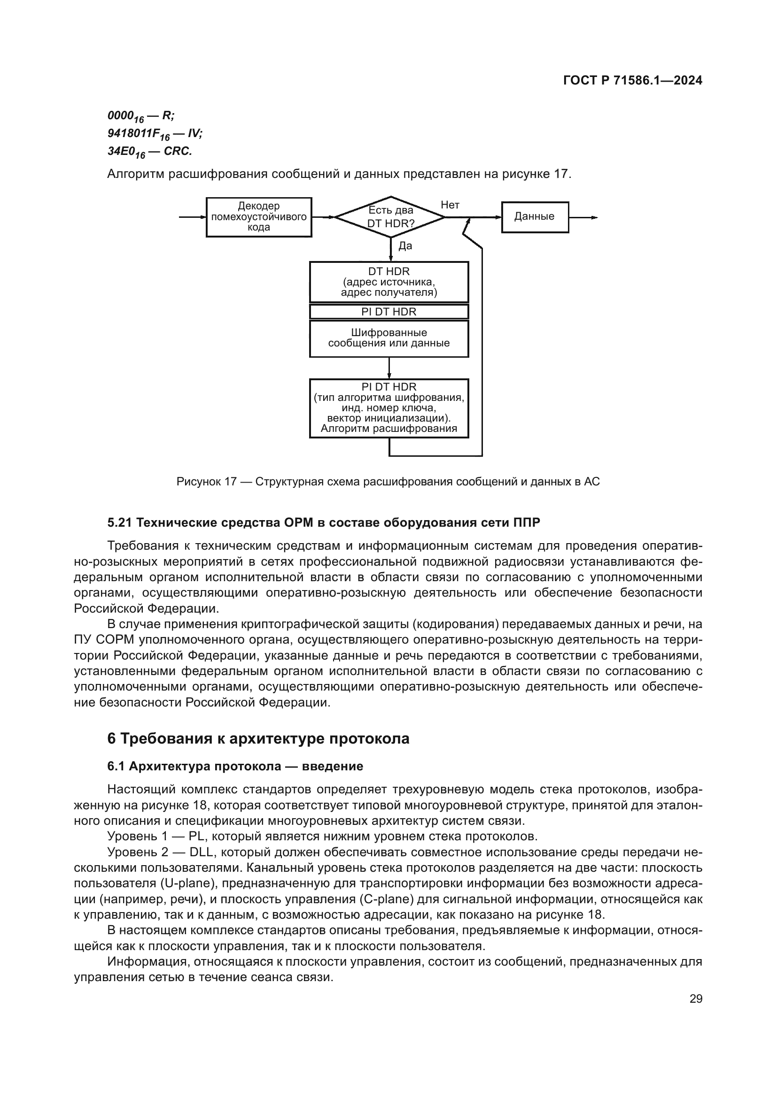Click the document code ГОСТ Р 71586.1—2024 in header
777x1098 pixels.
click(632, 80)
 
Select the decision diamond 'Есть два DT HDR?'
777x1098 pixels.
click(390, 216)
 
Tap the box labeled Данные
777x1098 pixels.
click(535, 216)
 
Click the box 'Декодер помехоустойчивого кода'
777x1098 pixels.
click(259, 216)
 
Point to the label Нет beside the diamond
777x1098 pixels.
click(450, 205)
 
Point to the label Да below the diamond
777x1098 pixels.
click(405, 246)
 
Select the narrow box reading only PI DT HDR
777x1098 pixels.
click(388, 312)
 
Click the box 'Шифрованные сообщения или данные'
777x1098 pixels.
click(388, 338)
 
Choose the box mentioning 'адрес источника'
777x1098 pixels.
click(388, 282)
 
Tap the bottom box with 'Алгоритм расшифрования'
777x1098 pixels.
click(388, 408)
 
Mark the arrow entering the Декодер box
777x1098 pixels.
click(192, 218)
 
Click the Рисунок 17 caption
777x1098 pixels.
click(388, 482)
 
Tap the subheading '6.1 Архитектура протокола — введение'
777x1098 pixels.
click(235, 766)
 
